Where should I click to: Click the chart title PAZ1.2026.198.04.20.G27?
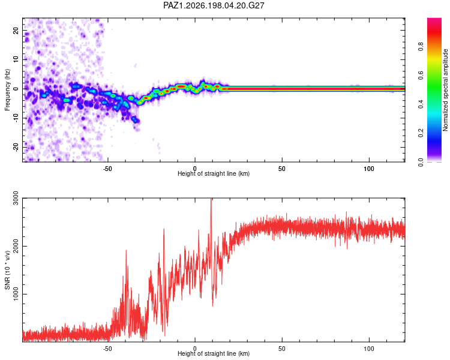(x=214, y=5)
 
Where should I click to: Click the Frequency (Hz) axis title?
(x=7, y=90)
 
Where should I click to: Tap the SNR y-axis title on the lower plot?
(x=7, y=270)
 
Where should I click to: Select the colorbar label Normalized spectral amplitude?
(x=445, y=90)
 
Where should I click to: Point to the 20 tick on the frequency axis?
(x=16, y=30)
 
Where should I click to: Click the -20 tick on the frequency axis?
(x=16, y=147)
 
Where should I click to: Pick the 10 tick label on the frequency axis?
(x=16, y=59)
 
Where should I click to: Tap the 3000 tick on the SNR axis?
(x=16, y=198)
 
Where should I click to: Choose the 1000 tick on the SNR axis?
(x=16, y=294)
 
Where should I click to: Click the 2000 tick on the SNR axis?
(x=16, y=247)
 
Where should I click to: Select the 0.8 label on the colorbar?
(x=421, y=47)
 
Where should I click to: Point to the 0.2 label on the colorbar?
(x=421, y=133)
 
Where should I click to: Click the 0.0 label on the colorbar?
(x=421, y=162)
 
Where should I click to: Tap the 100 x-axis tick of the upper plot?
(x=369, y=169)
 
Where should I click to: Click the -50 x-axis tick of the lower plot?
(x=107, y=349)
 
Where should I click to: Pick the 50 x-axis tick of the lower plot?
(x=282, y=349)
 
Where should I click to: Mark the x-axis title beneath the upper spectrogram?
(x=214, y=173)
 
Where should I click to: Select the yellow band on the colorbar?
(x=434, y=60)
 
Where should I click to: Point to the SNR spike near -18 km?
(x=164, y=230)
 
